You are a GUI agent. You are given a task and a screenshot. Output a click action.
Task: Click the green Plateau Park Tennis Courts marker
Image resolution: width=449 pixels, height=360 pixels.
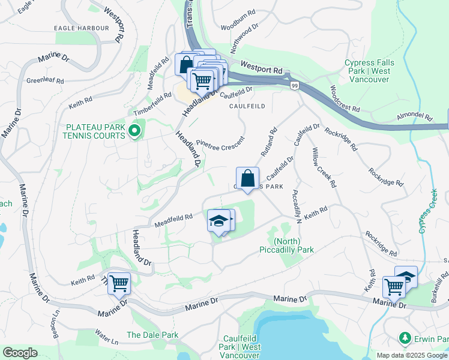[x=134, y=130]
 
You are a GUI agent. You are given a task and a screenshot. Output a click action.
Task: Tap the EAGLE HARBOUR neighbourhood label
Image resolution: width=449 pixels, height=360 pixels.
[x=82, y=28]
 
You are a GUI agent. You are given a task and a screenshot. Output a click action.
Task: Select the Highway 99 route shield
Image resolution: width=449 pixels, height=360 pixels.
[x=295, y=86]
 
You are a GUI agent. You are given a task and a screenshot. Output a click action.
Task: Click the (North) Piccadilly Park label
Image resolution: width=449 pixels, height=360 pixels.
[x=286, y=245]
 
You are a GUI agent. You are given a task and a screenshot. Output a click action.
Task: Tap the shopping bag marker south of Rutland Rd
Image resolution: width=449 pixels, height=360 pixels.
[x=247, y=178]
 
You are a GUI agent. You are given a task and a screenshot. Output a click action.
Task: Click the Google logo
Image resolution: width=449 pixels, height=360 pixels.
[x=20, y=353]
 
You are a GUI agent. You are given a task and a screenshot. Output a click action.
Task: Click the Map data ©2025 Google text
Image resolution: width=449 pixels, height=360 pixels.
[x=411, y=355]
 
